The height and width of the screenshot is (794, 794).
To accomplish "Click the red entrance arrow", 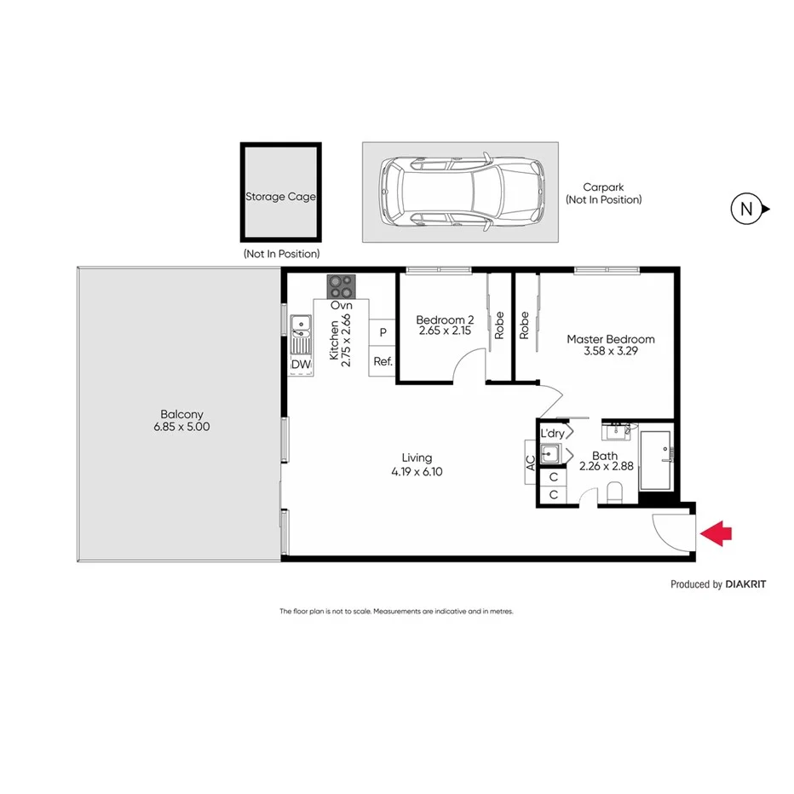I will point(715,533).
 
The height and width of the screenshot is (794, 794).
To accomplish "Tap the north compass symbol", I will point(747,208).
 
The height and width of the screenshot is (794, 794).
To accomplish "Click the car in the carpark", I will point(461,192).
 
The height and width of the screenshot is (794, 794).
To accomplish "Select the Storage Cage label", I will point(280,196).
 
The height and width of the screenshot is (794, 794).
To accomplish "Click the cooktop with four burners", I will point(342,285).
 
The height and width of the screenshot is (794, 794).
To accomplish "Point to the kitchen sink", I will point(300,334).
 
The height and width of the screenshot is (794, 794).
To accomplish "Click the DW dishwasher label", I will point(300,365).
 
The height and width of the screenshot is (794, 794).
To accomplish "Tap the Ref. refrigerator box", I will point(383,361).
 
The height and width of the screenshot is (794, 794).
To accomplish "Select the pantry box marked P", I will point(383,332).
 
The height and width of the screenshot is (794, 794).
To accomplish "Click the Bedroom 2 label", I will point(445,319).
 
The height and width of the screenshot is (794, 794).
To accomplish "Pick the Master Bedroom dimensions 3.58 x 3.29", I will point(611,350).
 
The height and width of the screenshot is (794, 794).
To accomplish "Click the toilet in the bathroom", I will point(615,492).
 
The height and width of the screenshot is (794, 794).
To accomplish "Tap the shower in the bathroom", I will point(656,459).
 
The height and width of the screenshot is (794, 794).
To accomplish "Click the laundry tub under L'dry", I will point(551,454).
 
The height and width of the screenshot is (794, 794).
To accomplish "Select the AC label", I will point(530,463).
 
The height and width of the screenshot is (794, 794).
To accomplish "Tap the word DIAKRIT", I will point(749,584).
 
